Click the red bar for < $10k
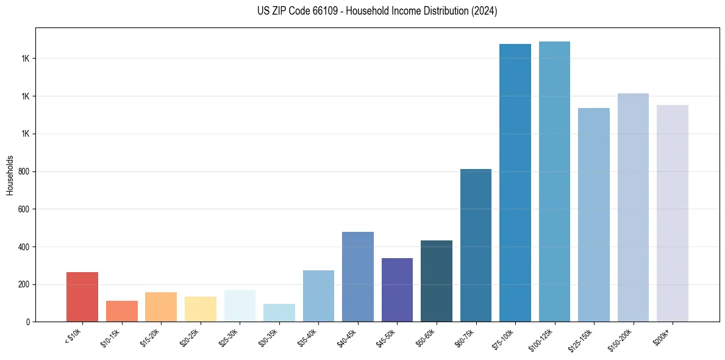click(x=82, y=297)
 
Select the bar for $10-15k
click(x=121, y=311)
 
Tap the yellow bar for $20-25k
click(x=200, y=309)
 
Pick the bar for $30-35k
click(x=279, y=312)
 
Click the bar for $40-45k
click(x=357, y=276)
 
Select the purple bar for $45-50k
click(x=397, y=290)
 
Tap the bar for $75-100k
click(x=515, y=183)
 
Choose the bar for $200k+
click(x=672, y=214)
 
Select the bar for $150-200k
click(x=633, y=207)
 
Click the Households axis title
click(x=10, y=175)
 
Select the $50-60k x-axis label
click(x=426, y=337)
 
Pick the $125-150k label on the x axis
click(x=581, y=339)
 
